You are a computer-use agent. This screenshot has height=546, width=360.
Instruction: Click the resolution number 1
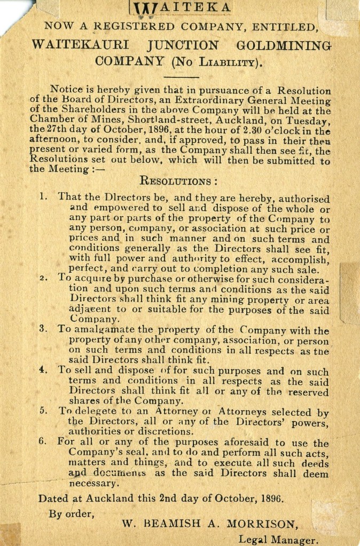point(43,196)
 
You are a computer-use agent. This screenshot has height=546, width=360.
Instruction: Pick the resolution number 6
point(43,443)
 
